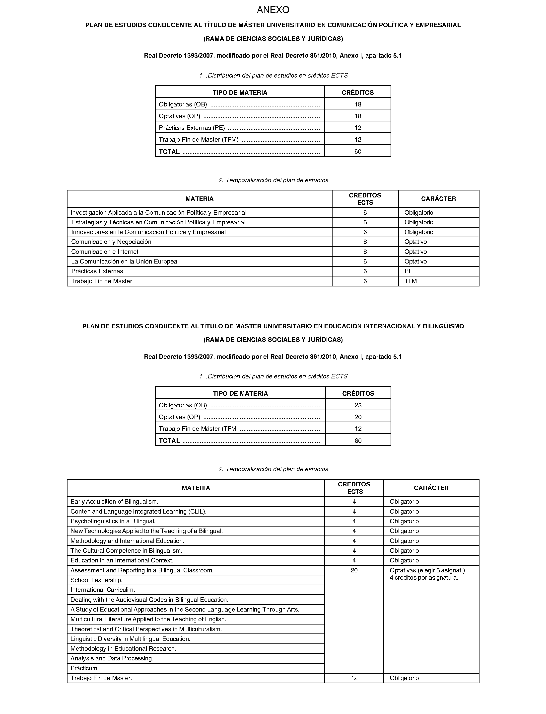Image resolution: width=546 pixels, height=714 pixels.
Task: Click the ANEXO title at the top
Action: [273, 10]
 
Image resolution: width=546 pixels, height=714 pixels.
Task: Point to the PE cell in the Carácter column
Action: [409, 271]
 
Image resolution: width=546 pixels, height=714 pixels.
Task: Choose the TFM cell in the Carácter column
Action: [410, 281]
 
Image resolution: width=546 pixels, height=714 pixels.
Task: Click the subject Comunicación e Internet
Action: [105, 252]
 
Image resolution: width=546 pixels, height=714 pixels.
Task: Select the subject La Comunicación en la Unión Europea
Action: [124, 262]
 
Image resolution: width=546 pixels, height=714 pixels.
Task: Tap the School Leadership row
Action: [97, 580]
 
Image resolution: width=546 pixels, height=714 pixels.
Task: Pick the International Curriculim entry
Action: [103, 590]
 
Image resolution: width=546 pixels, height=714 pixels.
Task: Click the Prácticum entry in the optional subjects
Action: [84, 668]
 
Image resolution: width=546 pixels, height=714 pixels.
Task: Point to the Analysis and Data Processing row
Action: [112, 658]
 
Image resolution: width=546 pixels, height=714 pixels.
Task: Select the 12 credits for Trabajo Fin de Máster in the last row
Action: [354, 678]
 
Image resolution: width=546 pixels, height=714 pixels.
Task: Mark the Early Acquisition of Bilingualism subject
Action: [114, 502]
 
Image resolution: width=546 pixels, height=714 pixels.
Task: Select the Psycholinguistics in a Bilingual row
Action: [113, 521]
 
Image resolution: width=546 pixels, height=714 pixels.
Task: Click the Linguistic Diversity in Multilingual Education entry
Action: [130, 639]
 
